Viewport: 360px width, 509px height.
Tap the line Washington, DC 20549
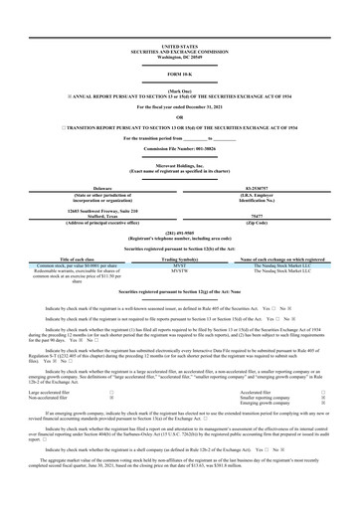(x=180, y=30)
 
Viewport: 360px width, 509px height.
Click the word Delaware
(x=94, y=186)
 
